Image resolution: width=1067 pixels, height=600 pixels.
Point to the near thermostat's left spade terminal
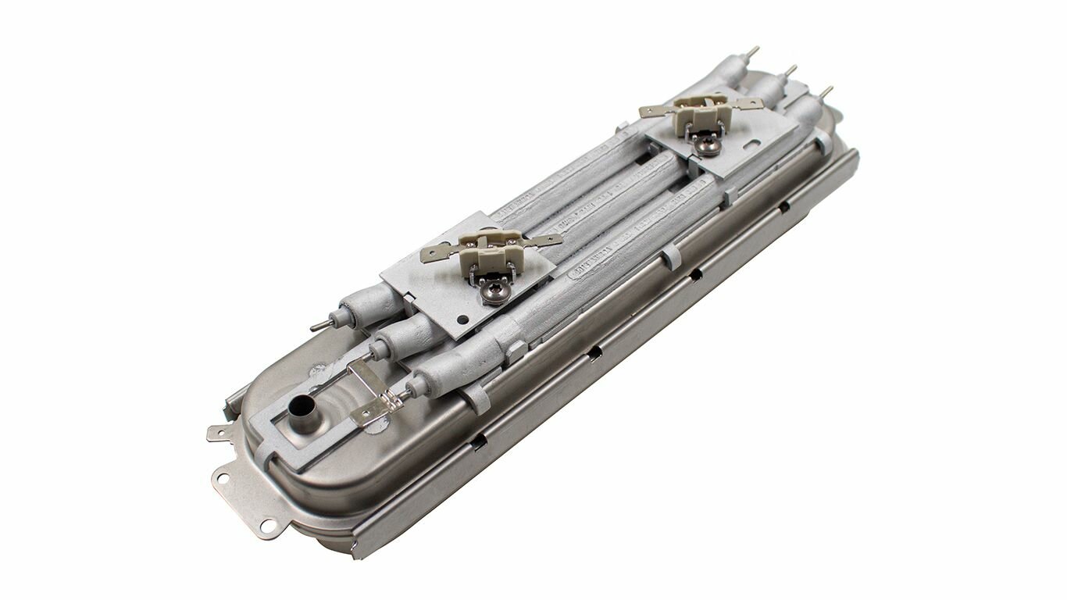click(437, 253)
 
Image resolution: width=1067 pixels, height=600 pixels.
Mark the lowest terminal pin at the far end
click(826, 91)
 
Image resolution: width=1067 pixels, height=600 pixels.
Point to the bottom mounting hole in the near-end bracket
click(268, 525)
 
